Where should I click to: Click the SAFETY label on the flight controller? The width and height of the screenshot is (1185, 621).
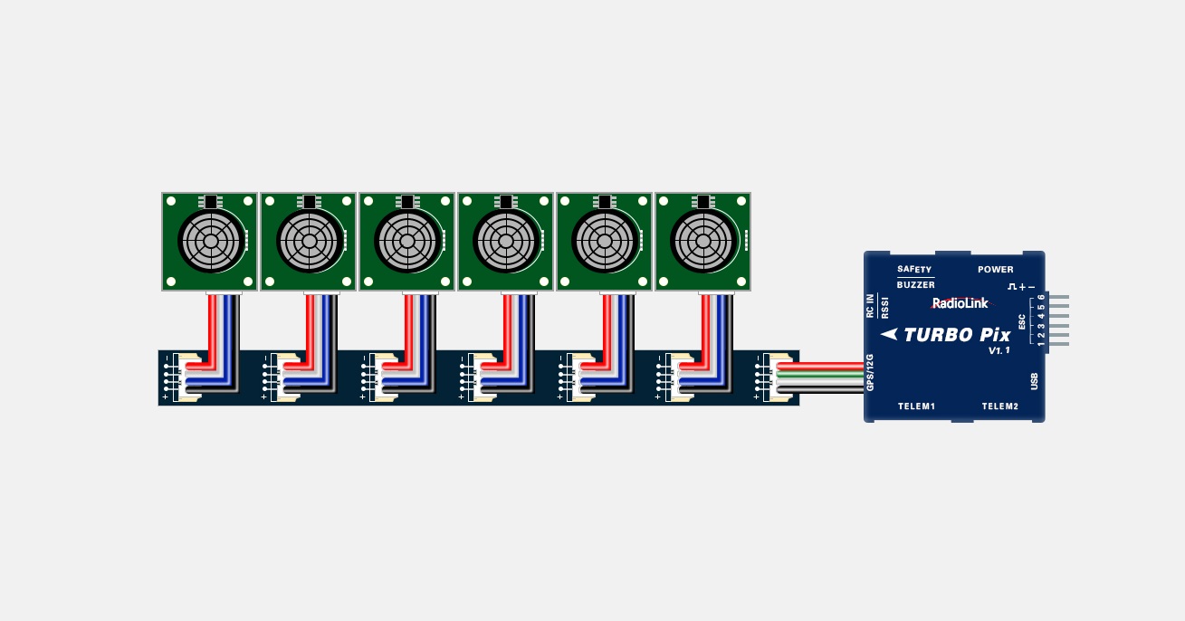coord(914,269)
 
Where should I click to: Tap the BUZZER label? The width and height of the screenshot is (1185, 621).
coord(916,284)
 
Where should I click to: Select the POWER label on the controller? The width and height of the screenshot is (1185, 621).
coord(996,269)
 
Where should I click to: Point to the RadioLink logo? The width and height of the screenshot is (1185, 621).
coord(960,303)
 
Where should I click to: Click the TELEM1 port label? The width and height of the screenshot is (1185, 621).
coord(917,406)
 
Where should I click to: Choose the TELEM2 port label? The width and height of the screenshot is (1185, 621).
coord(999,406)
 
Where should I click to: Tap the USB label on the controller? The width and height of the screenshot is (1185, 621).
coord(1034,381)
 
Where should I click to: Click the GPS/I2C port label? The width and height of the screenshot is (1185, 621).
coord(870,372)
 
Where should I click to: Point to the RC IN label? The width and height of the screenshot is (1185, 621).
coord(870,306)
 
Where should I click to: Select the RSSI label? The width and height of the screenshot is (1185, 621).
coord(884,307)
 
